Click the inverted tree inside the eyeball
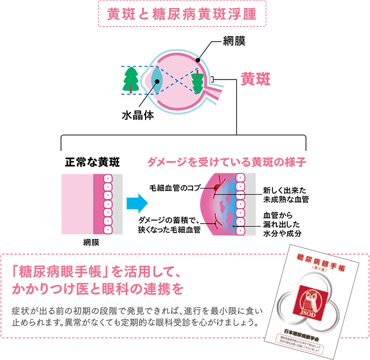coord(198,81)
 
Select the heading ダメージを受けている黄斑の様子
coord(227,162)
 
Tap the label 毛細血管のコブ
coord(175,187)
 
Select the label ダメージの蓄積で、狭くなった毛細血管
coord(169,225)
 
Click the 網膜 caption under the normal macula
coord(91,242)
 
